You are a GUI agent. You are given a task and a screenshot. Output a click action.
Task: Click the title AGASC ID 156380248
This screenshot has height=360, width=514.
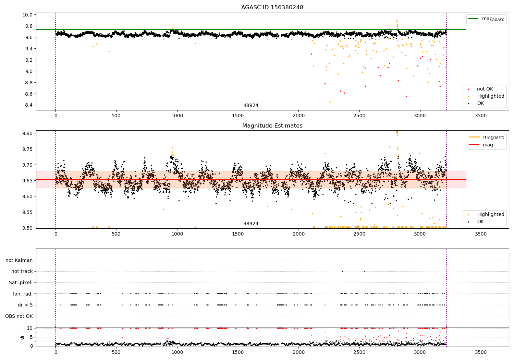272,8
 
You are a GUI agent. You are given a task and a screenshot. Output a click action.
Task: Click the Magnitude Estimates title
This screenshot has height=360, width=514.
272,126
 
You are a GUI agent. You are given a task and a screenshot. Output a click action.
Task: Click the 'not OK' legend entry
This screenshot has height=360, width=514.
485,89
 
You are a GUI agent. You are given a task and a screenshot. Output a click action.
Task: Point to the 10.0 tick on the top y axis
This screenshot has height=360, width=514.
28,15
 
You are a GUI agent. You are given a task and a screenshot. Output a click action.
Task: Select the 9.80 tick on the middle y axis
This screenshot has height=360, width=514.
28,133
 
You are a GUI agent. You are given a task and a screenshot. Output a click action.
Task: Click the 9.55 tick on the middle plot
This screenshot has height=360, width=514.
28,212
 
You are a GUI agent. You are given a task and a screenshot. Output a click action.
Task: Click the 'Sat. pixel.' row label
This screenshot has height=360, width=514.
21,283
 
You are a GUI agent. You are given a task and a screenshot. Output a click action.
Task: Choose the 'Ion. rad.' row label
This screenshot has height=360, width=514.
23,294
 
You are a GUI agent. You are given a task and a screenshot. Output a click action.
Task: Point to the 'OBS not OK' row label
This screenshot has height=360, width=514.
19,316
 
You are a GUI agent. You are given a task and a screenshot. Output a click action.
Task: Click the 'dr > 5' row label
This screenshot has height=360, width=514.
25,305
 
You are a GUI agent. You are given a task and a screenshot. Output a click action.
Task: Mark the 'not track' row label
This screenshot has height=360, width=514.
22,272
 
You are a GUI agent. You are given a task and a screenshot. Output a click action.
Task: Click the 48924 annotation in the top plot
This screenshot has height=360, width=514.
251,106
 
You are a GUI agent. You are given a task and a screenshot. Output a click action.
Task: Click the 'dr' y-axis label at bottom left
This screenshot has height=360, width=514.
22,337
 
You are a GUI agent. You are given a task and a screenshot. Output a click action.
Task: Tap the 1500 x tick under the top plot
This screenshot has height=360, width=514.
238,116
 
